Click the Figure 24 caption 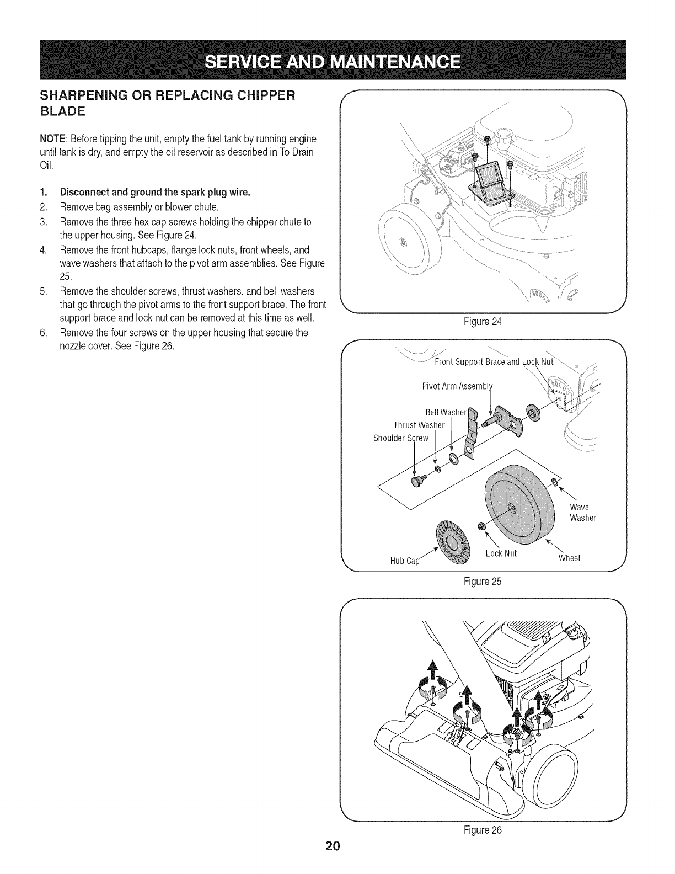click(483, 322)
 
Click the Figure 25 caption click(483, 581)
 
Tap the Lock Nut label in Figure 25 click(501, 553)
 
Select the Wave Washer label click(582, 513)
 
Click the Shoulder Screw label click(401, 438)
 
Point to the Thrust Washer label click(419, 425)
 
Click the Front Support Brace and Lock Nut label click(494, 362)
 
